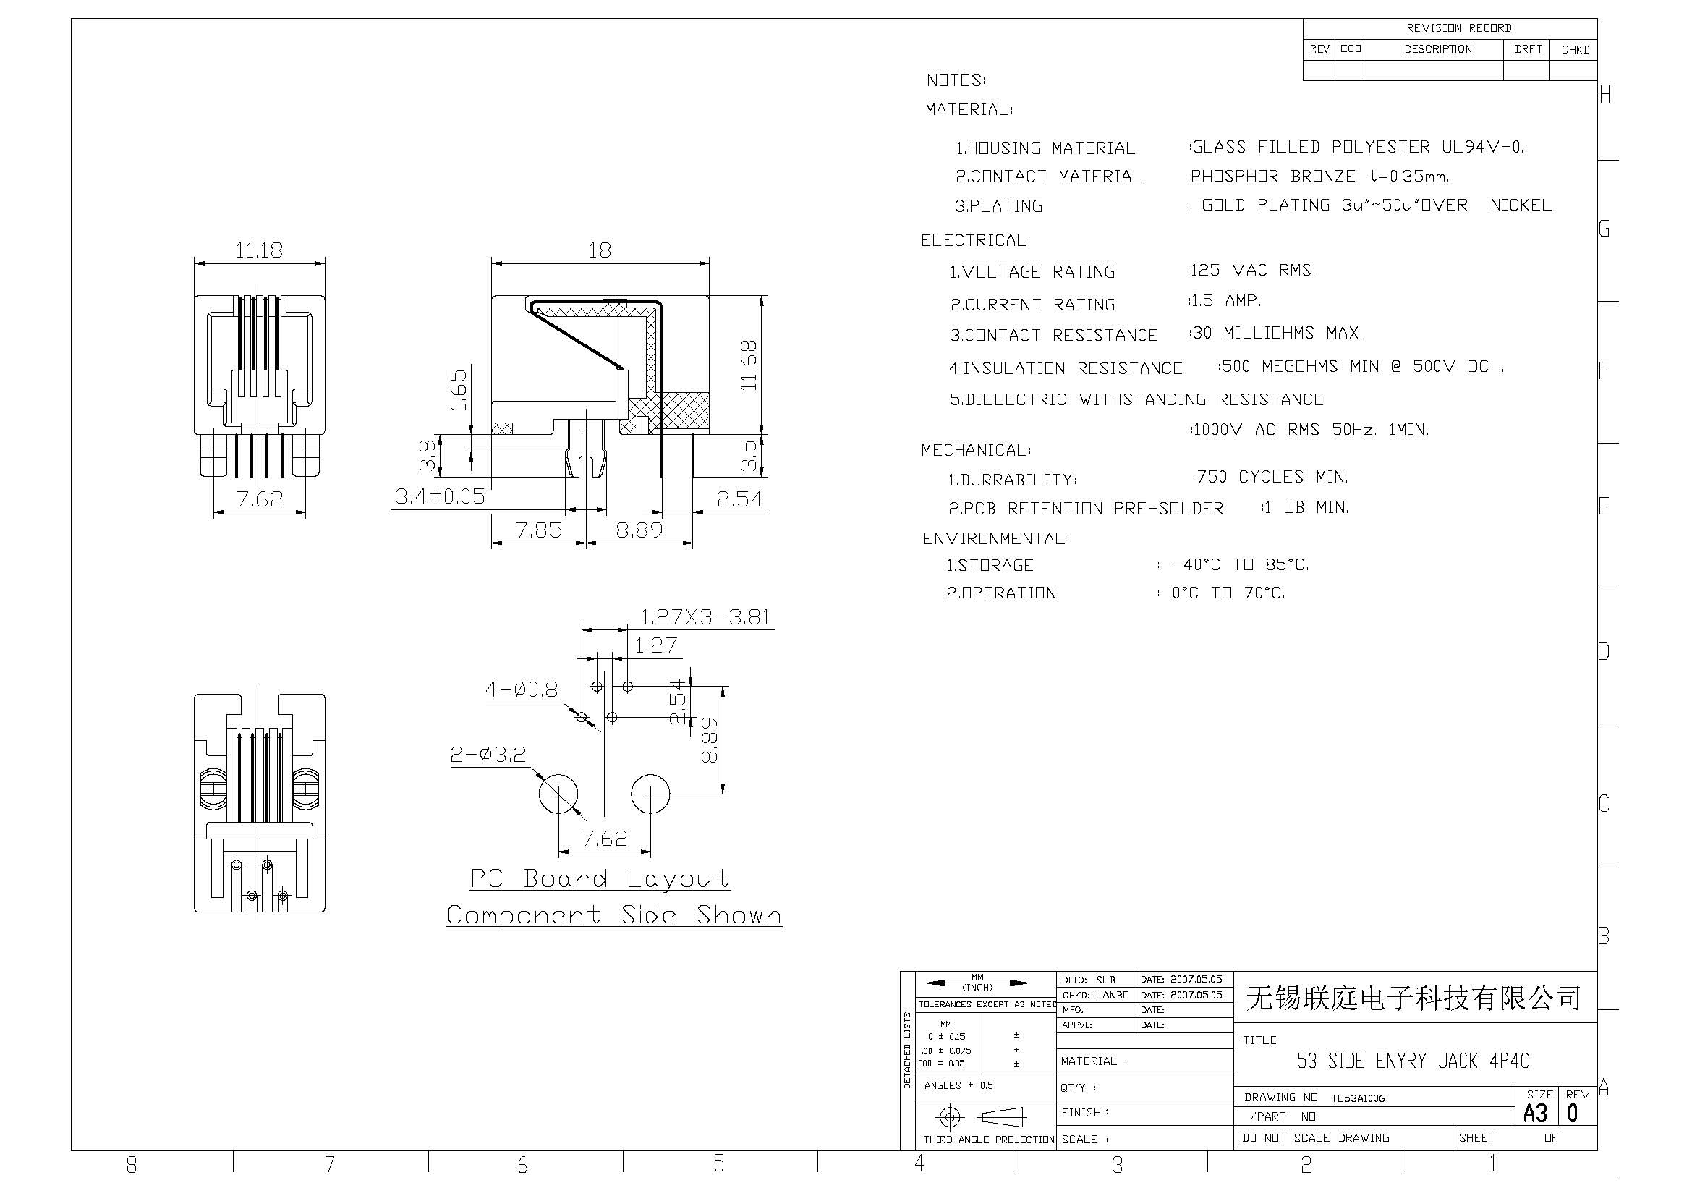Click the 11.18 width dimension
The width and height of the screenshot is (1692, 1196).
[259, 250]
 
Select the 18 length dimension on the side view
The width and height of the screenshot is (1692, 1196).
[600, 250]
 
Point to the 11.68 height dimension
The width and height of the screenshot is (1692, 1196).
[749, 365]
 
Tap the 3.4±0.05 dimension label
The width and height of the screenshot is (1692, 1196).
[440, 496]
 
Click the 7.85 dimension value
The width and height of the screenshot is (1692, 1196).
[539, 530]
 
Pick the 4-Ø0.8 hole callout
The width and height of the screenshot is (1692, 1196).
[521, 690]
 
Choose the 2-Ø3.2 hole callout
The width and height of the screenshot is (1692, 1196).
[488, 755]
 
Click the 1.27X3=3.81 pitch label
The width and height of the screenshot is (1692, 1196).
[705, 616]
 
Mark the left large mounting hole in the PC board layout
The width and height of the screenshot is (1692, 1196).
[558, 794]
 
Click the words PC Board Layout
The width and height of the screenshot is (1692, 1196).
[600, 878]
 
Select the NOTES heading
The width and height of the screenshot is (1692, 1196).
[955, 80]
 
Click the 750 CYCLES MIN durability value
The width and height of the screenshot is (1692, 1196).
[1272, 477]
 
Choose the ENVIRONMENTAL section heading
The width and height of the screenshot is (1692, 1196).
[995, 539]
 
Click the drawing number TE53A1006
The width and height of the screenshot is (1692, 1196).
[1357, 1098]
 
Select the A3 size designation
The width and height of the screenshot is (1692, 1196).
[1535, 1113]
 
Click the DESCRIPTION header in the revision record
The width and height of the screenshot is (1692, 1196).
[1438, 49]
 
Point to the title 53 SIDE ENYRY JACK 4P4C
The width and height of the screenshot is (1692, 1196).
[1413, 1061]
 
